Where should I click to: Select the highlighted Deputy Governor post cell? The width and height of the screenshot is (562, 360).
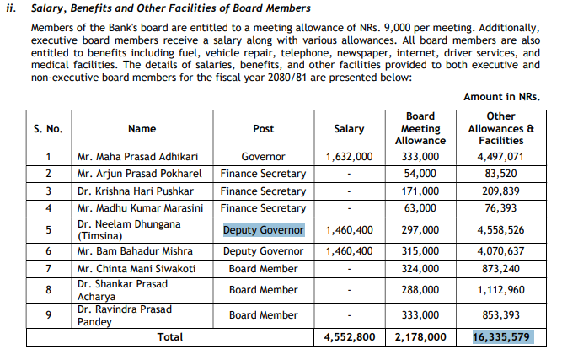click(263, 230)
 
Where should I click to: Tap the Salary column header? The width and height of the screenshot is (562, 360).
click(349, 129)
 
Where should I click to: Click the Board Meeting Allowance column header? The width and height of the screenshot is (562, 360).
click(420, 128)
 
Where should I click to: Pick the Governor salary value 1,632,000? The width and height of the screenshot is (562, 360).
click(349, 157)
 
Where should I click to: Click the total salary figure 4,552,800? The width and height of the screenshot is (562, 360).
click(349, 336)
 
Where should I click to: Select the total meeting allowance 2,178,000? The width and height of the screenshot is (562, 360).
click(420, 336)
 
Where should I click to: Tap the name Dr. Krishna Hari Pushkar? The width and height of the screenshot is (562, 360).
click(126, 191)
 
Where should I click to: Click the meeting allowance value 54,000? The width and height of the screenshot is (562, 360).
click(420, 174)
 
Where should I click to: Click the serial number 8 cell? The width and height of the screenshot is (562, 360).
click(49, 290)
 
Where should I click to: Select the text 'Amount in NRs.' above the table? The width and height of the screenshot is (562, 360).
click(501, 97)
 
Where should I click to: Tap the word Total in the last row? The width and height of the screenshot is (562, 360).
click(169, 336)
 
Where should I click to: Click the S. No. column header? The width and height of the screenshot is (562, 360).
click(49, 129)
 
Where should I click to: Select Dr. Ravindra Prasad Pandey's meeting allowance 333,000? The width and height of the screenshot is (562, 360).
click(420, 315)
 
